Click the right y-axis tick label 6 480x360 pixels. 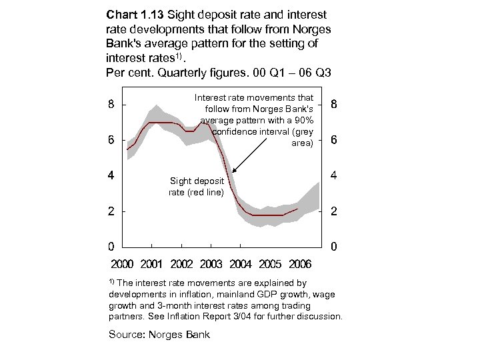[x=334, y=141]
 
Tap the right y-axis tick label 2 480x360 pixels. [x=334, y=212]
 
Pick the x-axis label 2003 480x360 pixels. [x=211, y=264]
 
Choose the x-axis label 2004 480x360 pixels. [x=241, y=264]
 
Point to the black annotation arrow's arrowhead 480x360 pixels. [x=233, y=175]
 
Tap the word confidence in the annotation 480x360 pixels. [x=236, y=131]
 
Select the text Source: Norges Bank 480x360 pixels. [x=159, y=334]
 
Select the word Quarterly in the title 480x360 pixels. [x=182, y=71]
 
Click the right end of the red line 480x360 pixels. [x=298, y=209]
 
